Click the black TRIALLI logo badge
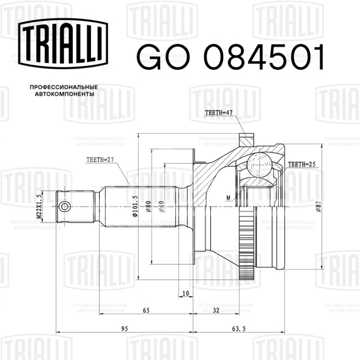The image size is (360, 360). coord(63,43)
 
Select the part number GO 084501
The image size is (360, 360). coord(230,57)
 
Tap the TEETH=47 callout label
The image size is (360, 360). coord(219,112)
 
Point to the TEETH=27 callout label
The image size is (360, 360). coord(100,160)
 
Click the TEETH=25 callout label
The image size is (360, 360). coord(302,164)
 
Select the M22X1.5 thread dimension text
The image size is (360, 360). coord(39,206)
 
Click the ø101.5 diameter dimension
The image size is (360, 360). coord(134,206)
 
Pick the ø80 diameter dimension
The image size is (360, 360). coord(148,206)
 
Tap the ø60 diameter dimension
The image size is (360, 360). coord(161,206)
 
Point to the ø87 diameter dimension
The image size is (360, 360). coord(318,206)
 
